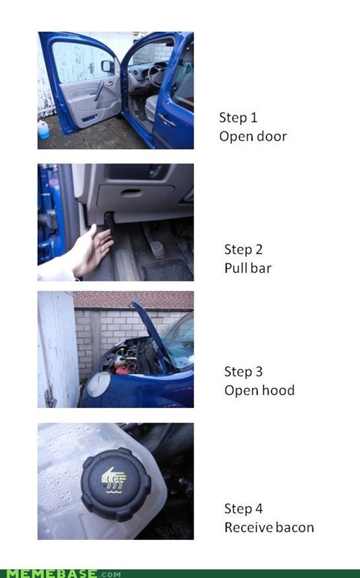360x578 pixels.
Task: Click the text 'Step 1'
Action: click(238, 117)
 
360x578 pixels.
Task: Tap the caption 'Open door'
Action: click(253, 136)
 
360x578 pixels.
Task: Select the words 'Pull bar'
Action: click(248, 268)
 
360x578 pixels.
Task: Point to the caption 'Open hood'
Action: click(259, 390)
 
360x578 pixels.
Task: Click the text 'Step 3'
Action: click(243, 371)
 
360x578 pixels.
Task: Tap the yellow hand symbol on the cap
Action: click(114, 479)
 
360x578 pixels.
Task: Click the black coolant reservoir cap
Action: click(116, 483)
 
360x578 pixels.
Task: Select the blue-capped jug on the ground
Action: click(43, 130)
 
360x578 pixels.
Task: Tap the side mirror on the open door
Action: click(107, 66)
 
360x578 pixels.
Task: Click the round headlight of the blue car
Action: click(98, 384)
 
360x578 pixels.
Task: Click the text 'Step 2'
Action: click(243, 249)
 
